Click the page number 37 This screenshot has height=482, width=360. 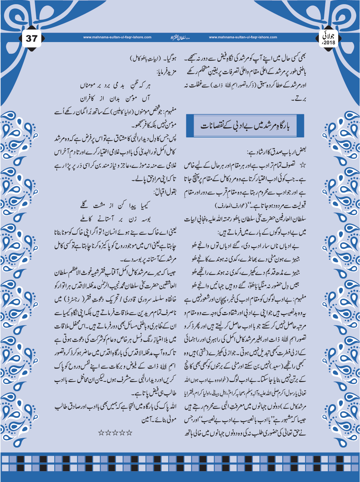pos(31,38)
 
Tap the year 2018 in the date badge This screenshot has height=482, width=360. pos(329,43)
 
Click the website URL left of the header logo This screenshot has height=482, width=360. pos(117,37)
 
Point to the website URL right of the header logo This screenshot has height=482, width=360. pos(243,37)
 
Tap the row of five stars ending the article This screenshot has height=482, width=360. pos(115,433)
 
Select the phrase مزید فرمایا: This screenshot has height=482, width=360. pos(166,72)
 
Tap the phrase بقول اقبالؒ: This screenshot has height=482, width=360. pos(165,192)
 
